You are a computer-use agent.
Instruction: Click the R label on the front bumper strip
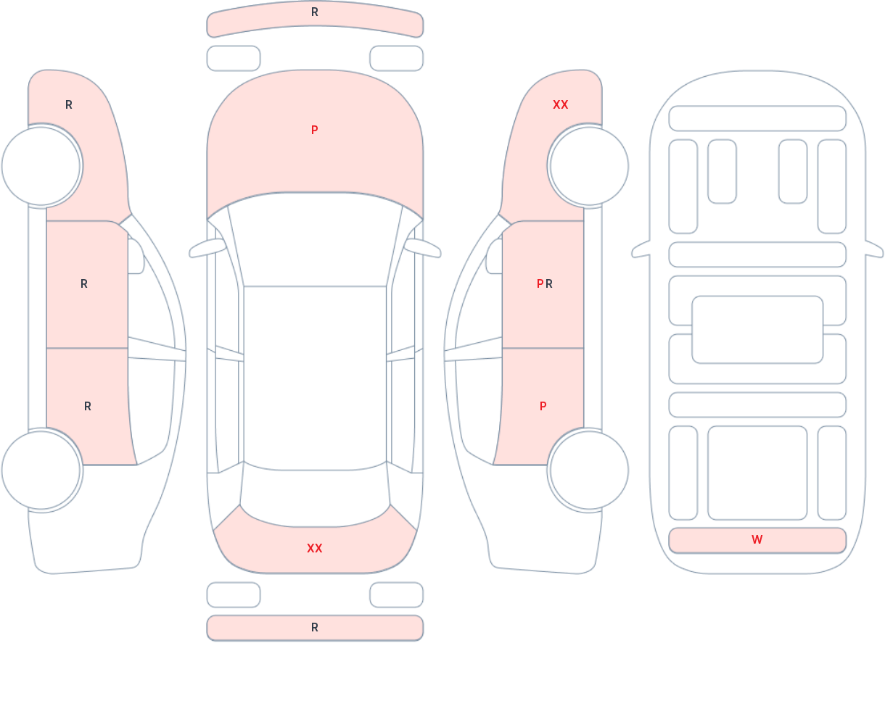click(x=315, y=12)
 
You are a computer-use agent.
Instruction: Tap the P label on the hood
click(x=315, y=130)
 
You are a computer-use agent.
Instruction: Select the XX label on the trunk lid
click(x=315, y=549)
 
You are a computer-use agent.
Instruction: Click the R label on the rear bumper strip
click(x=315, y=628)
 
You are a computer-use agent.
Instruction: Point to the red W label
click(x=757, y=540)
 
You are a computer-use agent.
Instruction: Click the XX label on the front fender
click(x=561, y=105)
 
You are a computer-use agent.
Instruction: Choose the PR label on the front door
click(x=545, y=284)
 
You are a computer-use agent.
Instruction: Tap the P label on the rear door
click(x=543, y=407)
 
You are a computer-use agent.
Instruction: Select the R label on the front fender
click(x=69, y=105)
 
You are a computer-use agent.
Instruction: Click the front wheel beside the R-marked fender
click(x=41, y=166)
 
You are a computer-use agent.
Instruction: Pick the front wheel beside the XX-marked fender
click(x=588, y=166)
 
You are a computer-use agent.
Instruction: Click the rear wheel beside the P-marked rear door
click(x=588, y=470)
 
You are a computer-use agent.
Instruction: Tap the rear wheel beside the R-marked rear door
click(x=41, y=470)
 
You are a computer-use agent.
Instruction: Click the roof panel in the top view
click(x=315, y=373)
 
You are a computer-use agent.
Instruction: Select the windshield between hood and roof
click(x=315, y=239)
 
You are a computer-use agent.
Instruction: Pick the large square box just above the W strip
click(x=757, y=473)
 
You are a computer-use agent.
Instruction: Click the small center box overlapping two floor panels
click(x=757, y=330)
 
